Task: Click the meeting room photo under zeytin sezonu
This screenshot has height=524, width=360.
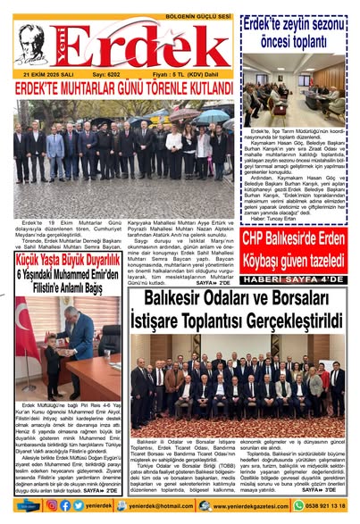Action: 295,94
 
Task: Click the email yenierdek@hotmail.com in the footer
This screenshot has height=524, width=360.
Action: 168,505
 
